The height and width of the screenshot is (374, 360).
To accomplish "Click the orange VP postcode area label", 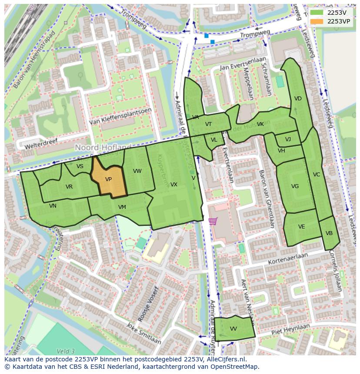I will click(108, 179).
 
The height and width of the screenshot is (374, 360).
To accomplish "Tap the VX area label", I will click(173, 185).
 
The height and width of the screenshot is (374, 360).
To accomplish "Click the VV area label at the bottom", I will click(233, 329).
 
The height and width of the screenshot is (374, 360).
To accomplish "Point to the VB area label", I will click(329, 233).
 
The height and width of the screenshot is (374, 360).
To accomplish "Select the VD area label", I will click(298, 99).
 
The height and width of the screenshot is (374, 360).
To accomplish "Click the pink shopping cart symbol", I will click(213, 221).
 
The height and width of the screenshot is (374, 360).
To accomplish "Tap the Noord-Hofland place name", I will click(103, 148).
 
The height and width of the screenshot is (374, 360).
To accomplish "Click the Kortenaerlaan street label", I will click(288, 259).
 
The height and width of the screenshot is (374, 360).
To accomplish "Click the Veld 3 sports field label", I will click(66, 351).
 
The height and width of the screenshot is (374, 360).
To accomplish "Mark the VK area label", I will click(260, 124).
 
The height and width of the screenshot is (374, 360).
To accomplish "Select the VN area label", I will click(53, 206).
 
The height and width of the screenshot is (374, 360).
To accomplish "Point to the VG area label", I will click(295, 186).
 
